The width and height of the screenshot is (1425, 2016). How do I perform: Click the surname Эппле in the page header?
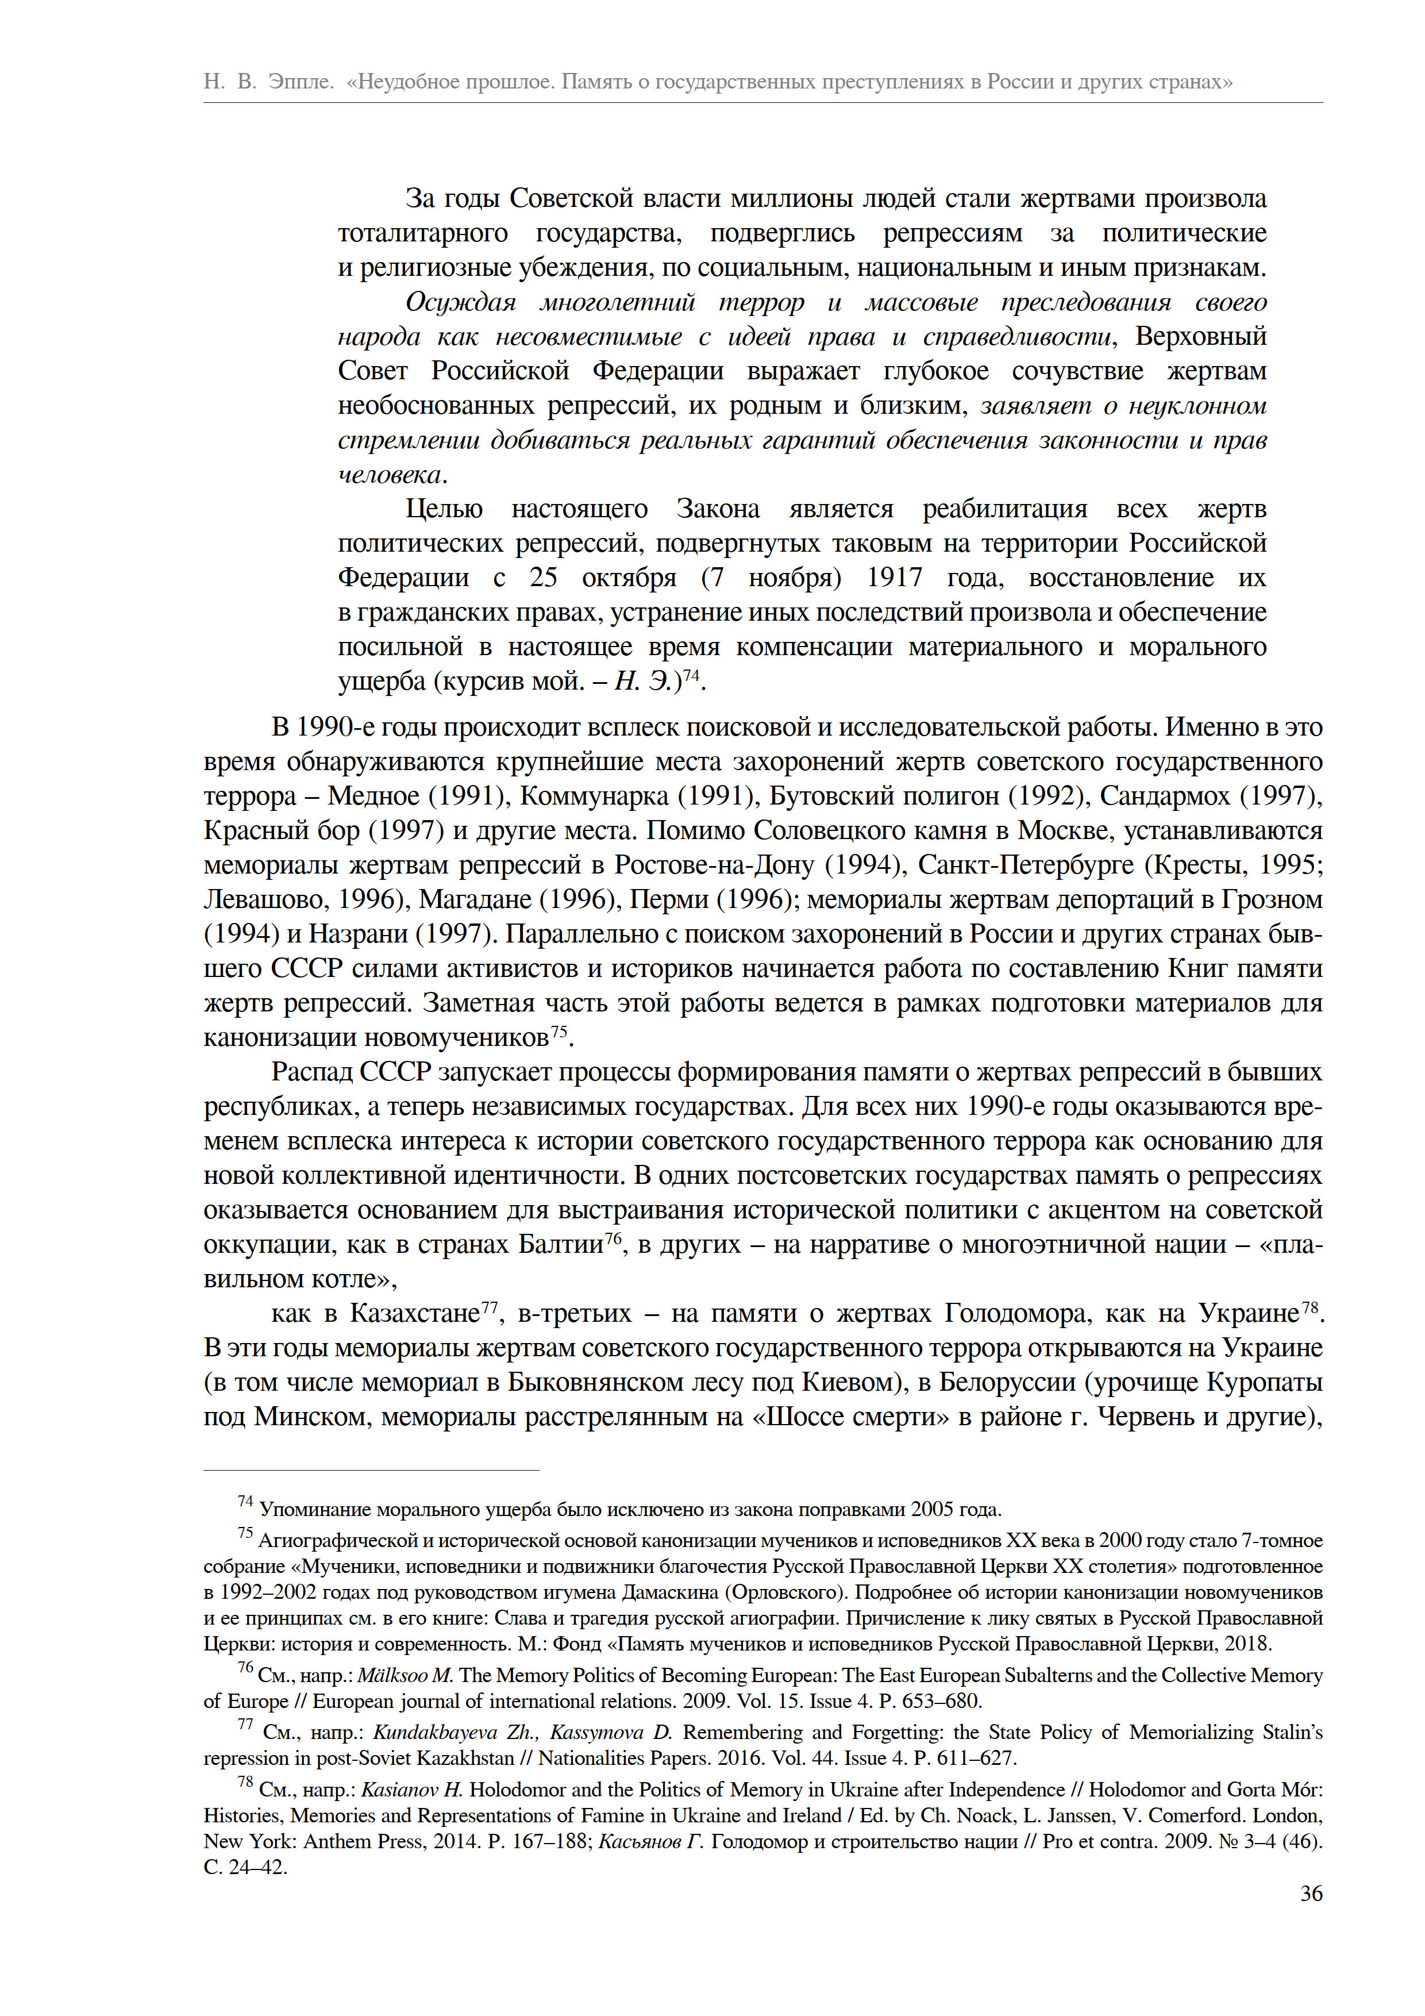tap(301, 82)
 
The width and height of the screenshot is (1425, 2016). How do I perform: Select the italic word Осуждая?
tap(460, 303)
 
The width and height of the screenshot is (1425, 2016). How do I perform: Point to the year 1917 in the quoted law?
tap(894, 578)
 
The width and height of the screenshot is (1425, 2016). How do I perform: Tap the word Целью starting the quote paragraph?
tap(444, 509)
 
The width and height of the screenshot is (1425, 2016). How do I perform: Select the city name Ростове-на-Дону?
tap(714, 865)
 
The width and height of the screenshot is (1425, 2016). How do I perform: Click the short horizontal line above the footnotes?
tap(371, 1470)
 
